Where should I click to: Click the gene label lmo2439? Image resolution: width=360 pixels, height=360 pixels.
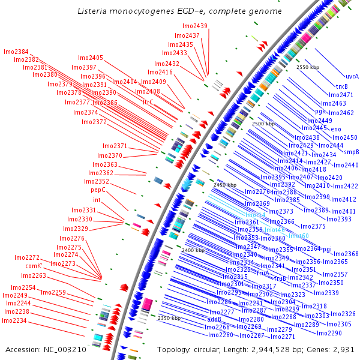(195, 26)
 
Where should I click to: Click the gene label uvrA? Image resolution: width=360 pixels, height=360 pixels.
(352, 77)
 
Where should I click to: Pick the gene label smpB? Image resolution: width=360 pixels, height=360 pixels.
(351, 152)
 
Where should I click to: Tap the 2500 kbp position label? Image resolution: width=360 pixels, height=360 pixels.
(263, 123)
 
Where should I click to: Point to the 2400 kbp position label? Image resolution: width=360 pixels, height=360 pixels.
(193, 250)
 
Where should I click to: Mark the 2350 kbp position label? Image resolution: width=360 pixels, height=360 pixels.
(169, 318)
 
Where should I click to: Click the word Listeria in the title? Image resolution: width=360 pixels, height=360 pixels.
(94, 11)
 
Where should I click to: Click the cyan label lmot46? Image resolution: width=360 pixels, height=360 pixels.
(275, 230)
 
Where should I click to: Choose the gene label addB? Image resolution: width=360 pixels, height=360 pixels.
(214, 320)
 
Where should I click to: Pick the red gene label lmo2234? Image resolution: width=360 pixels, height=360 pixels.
(14, 320)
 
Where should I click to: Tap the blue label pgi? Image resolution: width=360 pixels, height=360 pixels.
(327, 248)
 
